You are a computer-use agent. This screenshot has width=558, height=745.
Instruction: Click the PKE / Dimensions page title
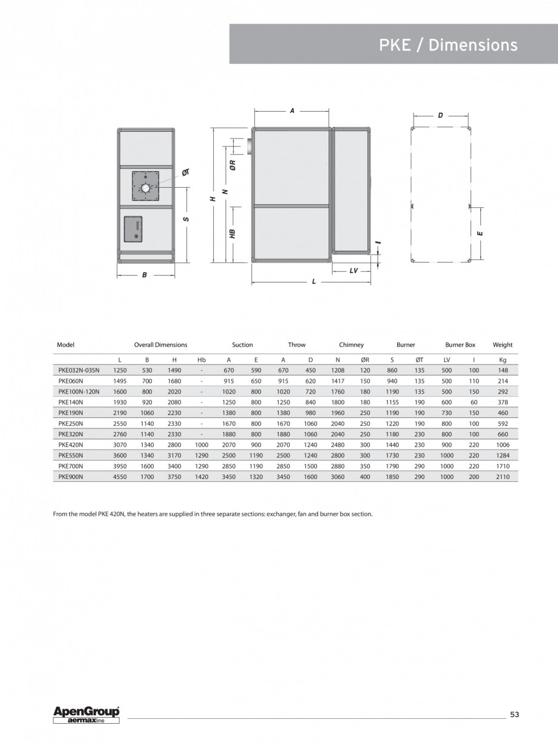(448, 45)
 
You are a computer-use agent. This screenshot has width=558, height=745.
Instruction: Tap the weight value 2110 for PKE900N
(503, 477)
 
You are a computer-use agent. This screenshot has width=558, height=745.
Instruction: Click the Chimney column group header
(351, 345)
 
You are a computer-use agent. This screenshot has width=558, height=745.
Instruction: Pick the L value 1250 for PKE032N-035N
(120, 370)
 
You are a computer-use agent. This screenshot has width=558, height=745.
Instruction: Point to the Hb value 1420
(202, 477)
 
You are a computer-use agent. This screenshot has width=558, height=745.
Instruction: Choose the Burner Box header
(460, 345)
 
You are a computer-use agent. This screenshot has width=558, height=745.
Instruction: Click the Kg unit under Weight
(503, 360)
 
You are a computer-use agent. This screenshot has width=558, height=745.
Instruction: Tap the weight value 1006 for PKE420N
(503, 445)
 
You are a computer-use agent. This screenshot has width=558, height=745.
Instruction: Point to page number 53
(514, 715)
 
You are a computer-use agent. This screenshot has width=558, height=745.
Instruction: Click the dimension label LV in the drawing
(353, 271)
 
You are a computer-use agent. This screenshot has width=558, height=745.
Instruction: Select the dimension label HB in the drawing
(233, 233)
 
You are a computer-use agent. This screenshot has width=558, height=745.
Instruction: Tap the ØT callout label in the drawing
(186, 173)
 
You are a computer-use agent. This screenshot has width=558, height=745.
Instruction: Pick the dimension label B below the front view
(145, 275)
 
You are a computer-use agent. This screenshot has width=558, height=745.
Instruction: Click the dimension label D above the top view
(440, 114)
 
